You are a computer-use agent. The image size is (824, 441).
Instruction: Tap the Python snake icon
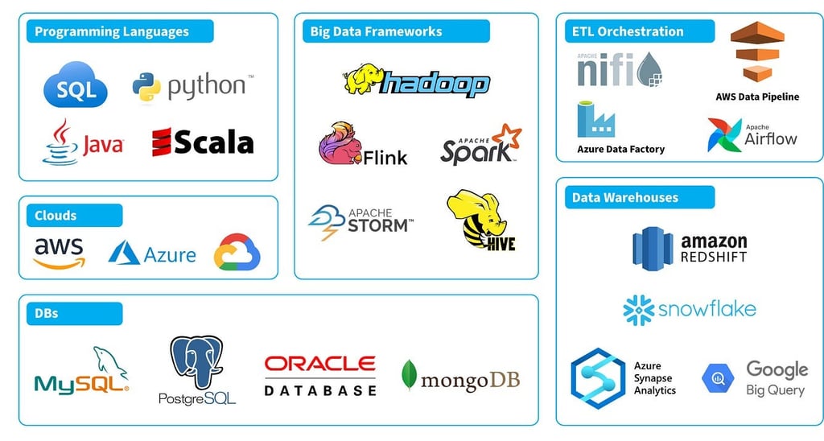[146, 87]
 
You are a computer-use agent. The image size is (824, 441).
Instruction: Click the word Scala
[214, 142]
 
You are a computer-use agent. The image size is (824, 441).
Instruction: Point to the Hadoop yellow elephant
[361, 78]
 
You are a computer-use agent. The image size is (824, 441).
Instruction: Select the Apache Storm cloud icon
[327, 222]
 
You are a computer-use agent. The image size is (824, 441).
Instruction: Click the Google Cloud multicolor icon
[237, 253]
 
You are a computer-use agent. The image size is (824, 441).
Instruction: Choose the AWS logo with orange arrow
[59, 253]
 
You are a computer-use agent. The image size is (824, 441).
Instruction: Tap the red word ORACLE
[319, 364]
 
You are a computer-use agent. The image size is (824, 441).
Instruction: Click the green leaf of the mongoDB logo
[410, 375]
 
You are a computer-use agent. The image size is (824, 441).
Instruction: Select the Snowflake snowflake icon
[637, 310]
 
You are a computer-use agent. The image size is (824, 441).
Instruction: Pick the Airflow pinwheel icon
[724, 135]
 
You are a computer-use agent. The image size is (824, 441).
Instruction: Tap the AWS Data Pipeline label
[757, 97]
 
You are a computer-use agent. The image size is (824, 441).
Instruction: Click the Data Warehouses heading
[625, 197]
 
